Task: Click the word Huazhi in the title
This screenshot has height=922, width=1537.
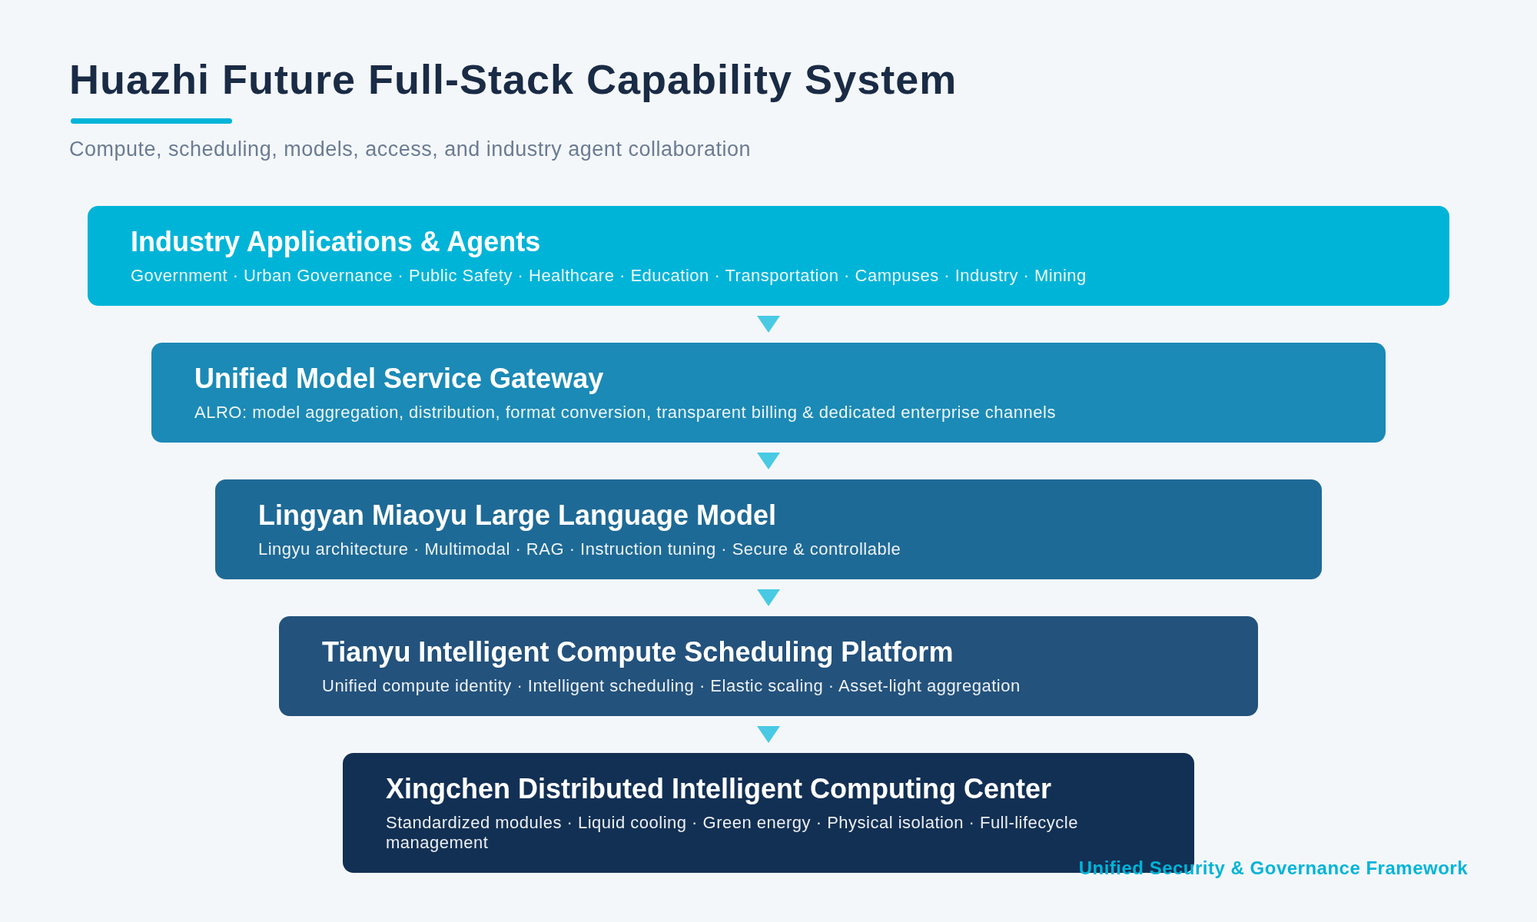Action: coord(139,80)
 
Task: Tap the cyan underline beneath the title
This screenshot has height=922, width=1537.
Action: coord(151,121)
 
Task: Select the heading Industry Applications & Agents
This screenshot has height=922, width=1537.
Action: coord(335,242)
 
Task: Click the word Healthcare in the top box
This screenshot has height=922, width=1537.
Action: coord(571,276)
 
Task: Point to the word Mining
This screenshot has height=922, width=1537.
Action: coord(1060,276)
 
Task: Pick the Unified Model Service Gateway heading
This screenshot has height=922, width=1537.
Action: coord(399,379)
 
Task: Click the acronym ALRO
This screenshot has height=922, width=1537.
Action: coord(218,413)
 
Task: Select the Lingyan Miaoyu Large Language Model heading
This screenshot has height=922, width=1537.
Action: coord(517,516)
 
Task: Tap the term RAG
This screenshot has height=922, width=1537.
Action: coord(545,549)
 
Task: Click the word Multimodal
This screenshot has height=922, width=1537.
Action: coord(467,549)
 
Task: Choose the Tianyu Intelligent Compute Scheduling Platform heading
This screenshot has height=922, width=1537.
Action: coord(637,652)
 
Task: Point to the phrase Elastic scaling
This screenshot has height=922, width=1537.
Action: coord(766,686)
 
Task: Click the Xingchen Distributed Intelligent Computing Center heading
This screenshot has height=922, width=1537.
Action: coord(719,789)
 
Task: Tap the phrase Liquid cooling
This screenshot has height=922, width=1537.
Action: coord(632,823)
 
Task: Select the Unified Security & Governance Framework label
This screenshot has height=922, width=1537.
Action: coord(1273,868)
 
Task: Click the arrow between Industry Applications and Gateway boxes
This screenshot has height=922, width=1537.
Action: coord(768,324)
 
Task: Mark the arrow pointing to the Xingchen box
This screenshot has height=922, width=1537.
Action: coord(768,735)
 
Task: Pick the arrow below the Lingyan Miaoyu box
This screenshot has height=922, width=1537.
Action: coord(768,598)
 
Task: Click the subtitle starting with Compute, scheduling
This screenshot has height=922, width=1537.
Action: coord(410,149)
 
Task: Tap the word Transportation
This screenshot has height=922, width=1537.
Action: coord(782,276)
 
